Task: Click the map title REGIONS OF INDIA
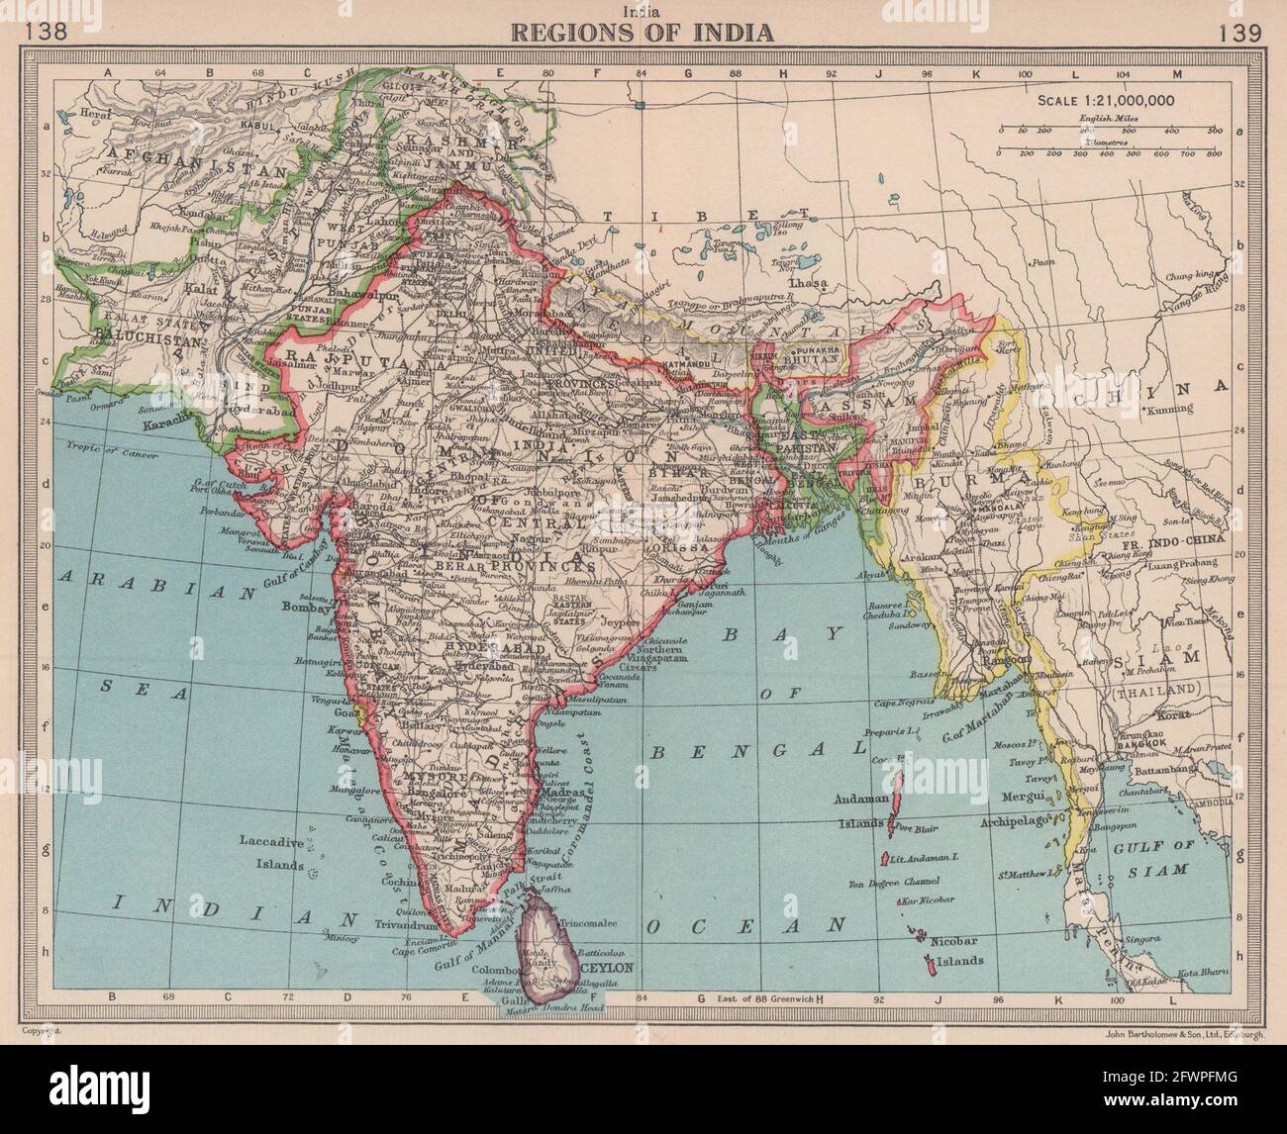[x=642, y=32]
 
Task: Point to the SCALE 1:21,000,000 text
[x=1105, y=100]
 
